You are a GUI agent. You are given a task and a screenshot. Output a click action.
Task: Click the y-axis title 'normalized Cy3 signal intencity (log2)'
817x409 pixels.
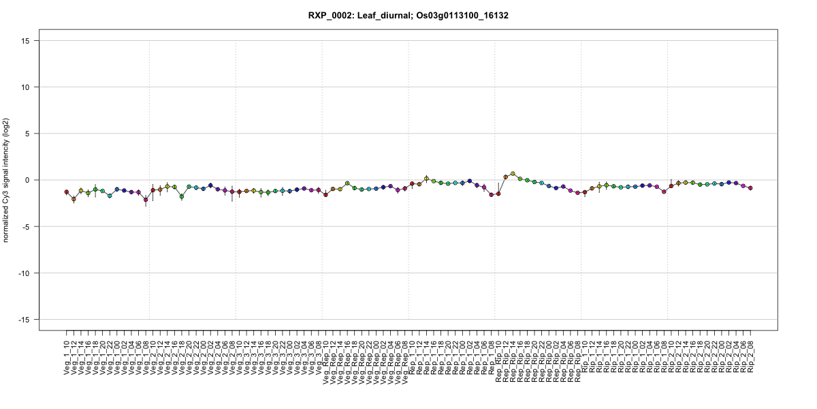click(x=7, y=180)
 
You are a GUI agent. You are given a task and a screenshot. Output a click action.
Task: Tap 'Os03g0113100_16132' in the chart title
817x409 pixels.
click(x=464, y=15)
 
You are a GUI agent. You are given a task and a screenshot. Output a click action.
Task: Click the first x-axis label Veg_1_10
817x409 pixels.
click(x=67, y=354)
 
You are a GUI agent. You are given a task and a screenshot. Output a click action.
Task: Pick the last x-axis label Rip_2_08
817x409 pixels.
click(x=751, y=354)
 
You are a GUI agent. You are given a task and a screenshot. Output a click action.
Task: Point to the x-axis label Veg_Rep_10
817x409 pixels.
click(x=326, y=358)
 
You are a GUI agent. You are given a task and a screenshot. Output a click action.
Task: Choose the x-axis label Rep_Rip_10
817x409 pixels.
click(x=498, y=358)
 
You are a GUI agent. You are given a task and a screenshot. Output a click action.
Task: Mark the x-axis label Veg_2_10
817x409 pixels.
click(x=153, y=354)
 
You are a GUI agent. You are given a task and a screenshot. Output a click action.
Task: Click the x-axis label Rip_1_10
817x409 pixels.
click(x=585, y=354)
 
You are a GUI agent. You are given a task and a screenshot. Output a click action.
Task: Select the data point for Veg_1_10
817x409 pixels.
click(x=67, y=192)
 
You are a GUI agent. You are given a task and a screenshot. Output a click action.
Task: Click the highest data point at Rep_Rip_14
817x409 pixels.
click(x=513, y=174)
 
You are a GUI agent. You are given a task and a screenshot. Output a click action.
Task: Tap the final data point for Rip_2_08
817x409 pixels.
click(x=750, y=187)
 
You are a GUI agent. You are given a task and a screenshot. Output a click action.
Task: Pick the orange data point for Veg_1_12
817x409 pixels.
click(x=74, y=198)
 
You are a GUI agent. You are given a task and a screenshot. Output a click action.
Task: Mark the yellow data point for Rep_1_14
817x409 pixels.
click(x=426, y=179)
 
